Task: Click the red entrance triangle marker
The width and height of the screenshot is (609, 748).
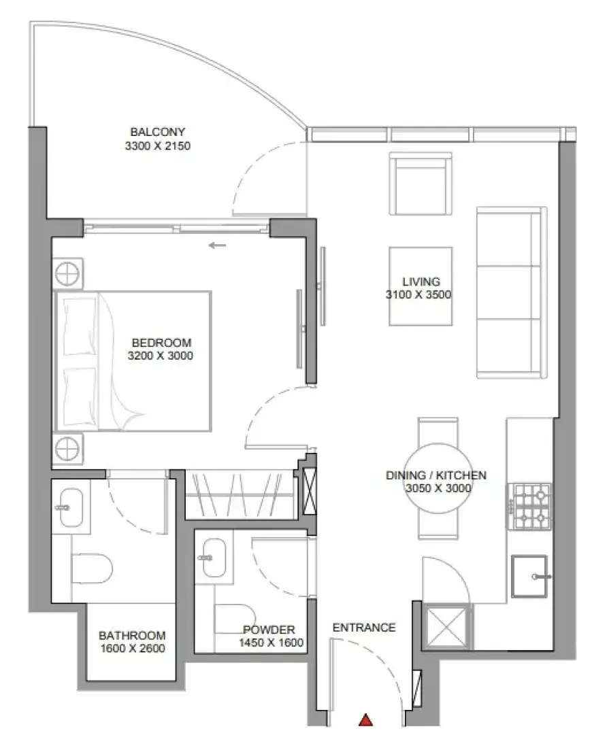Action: coord(365,720)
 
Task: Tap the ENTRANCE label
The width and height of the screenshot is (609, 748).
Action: coord(364,628)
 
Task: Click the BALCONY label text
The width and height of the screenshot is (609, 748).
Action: coord(157,132)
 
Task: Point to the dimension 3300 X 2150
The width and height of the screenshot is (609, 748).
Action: coord(157,146)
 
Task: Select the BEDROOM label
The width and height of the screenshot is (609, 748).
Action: coord(161,343)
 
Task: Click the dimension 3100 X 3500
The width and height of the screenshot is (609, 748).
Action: coord(418,294)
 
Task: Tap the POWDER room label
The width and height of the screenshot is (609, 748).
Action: coord(269,630)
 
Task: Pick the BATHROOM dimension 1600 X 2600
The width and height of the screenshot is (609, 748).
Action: coord(133,648)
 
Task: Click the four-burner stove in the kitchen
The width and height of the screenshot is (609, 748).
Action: coord(529,507)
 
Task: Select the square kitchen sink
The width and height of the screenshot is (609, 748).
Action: coord(529,576)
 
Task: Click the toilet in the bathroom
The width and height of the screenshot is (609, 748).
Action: coord(92,568)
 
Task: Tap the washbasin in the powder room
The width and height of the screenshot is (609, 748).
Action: coord(214,558)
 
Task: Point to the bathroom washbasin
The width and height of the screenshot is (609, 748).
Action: coord(71,507)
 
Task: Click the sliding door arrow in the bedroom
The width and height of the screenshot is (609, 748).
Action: coord(217,245)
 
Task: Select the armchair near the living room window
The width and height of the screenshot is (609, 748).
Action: coord(421,184)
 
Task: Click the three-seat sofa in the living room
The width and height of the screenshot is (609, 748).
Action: coord(512,292)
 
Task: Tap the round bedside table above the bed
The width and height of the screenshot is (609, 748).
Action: coord(67,274)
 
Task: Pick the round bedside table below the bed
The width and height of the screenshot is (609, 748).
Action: coord(67,449)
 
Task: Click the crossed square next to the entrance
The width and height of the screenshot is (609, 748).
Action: coord(447,626)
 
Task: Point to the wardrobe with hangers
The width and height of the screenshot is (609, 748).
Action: coord(240,495)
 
